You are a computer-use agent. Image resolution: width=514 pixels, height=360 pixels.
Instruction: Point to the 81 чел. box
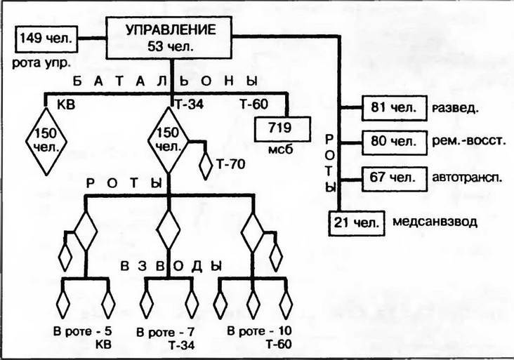pos(393,108)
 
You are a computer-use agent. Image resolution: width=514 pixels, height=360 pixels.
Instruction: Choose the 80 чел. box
pos(393,140)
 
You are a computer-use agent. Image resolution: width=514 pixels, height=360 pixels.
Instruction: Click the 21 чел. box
pos(357,222)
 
